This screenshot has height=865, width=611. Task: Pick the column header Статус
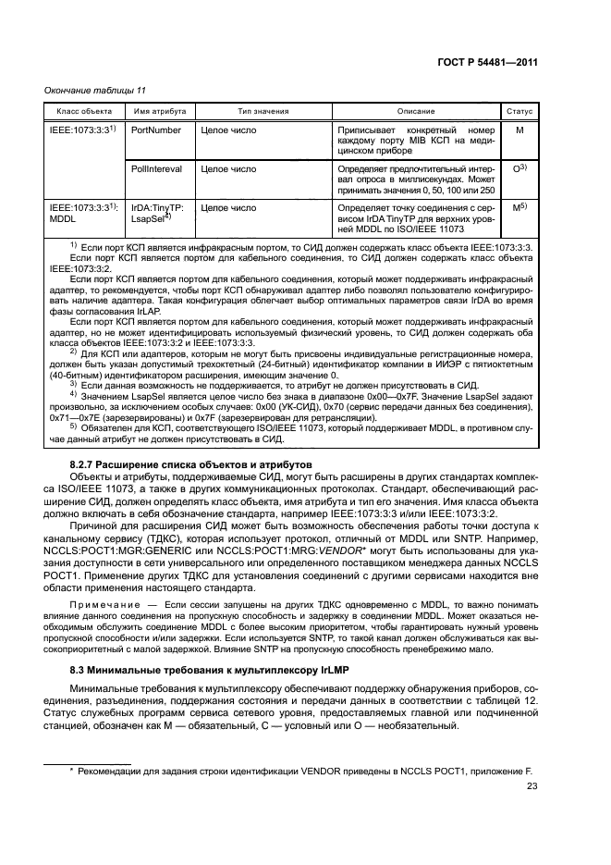[x=519, y=111]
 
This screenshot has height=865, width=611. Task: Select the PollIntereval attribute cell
[x=157, y=169]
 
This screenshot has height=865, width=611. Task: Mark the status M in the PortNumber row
[x=519, y=131]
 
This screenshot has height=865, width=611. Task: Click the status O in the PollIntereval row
[x=519, y=169]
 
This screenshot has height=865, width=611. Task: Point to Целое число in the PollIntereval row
[x=228, y=169]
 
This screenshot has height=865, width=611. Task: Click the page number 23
[x=532, y=787]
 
